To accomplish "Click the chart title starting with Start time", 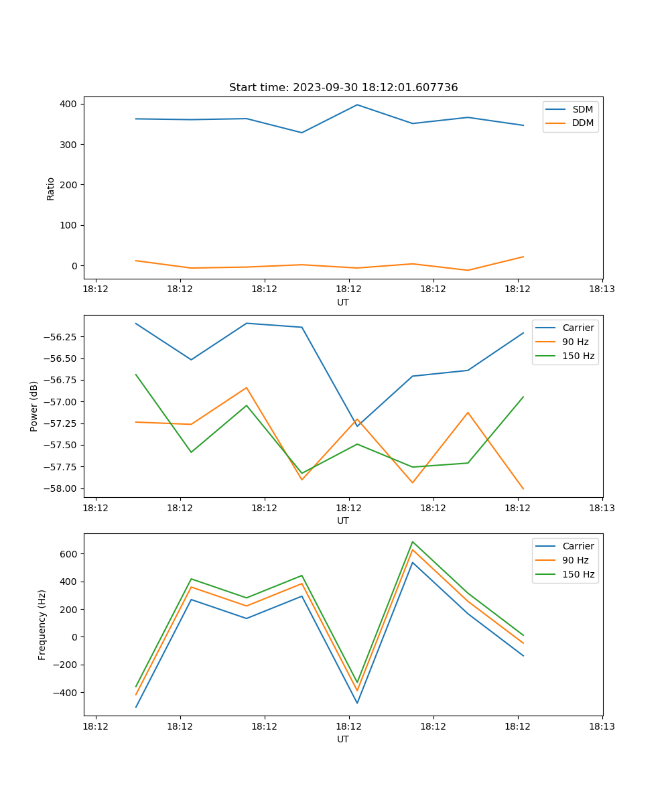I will point(343,88).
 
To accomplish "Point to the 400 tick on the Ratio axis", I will point(68,105).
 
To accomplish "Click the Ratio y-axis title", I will point(51,188).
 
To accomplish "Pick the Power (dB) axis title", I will point(34,406).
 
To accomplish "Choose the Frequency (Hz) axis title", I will point(42,624).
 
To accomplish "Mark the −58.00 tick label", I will point(61,488).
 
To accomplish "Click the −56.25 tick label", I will point(61,337).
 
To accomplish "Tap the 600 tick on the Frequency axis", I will point(69,554).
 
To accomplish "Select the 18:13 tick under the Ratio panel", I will point(602,289).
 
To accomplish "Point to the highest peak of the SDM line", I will point(357,105).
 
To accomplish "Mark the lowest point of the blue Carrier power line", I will point(357,426).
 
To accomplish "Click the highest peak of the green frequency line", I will point(413,541).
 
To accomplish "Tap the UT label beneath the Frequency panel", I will point(343,739).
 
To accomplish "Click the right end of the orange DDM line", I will point(523,257).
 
